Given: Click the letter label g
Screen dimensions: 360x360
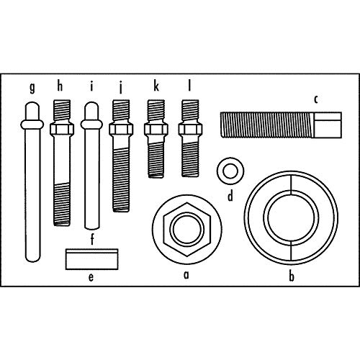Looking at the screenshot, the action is tap(32, 88).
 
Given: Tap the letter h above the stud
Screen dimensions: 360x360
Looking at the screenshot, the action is tap(60, 86).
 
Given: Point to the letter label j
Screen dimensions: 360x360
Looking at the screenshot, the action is tap(121, 88).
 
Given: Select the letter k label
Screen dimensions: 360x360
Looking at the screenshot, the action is tap(156, 86).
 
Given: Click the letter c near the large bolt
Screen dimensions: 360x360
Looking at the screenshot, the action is tap(316, 99).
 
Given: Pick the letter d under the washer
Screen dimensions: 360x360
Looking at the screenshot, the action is tap(230, 196).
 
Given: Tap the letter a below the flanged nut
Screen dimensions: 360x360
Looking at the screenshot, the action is tap(186, 275).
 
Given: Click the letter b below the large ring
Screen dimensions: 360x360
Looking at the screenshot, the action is tap(292, 276).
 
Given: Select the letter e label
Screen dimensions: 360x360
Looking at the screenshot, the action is tap(91, 277).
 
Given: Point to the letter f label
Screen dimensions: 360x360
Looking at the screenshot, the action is tap(92, 239).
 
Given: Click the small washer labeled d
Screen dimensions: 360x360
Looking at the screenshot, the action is tap(230, 171).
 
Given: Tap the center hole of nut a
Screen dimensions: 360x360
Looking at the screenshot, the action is tap(187, 229).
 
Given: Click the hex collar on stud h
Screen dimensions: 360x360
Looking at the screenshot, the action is tap(62, 129).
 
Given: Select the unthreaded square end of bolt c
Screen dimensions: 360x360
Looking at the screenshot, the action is tap(327, 125).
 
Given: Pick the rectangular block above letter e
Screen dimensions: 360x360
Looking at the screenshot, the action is tap(92, 259).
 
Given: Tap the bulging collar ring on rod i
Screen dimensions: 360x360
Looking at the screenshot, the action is tap(91, 125).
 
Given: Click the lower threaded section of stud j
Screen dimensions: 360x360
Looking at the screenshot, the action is tap(121, 179).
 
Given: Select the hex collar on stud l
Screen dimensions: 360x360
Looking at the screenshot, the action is tap(190, 129).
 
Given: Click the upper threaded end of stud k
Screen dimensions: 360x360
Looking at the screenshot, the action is tap(156, 111).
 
